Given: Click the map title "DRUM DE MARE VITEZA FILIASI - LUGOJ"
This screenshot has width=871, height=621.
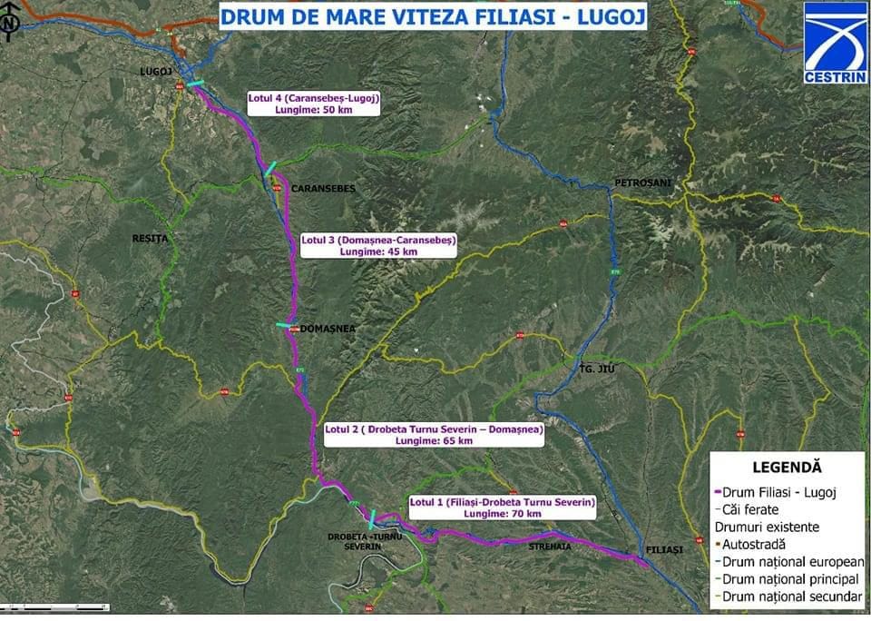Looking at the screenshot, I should tap(432, 15).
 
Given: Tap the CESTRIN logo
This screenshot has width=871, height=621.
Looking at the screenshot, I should tap(835, 43).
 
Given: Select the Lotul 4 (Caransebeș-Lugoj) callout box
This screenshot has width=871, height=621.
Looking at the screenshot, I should tap(313, 103).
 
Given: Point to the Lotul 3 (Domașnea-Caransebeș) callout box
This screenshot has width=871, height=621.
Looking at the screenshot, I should tap(378, 245).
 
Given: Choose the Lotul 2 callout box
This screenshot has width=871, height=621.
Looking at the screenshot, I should tap(434, 434).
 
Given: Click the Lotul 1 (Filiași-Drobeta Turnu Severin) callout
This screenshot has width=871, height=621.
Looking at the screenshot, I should tap(502, 507).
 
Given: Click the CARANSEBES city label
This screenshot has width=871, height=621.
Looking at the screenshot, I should tap(322, 188).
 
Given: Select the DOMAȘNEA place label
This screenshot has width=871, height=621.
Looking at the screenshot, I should tap(326, 329).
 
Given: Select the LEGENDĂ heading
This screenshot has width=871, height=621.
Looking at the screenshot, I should tap(787, 468).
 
